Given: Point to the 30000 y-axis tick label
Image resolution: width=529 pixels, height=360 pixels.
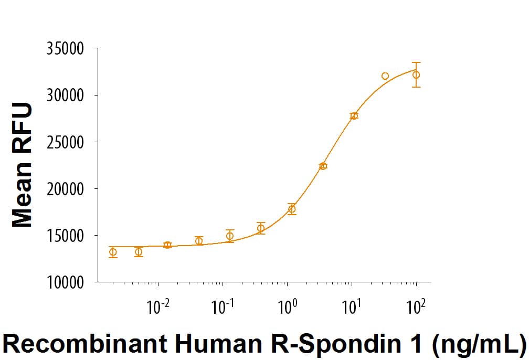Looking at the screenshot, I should [65, 96].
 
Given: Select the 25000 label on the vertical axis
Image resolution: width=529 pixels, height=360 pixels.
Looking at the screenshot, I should [65, 142].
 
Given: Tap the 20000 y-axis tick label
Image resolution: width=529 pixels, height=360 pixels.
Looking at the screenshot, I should [65, 189].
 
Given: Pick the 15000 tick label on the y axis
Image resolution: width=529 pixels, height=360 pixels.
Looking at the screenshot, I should [65, 236].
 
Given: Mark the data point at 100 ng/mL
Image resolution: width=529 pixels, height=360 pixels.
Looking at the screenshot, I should [416, 75].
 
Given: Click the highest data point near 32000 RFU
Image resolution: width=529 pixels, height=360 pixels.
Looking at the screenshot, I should [385, 76].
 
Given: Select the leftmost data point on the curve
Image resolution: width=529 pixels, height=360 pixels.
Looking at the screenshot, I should [113, 252].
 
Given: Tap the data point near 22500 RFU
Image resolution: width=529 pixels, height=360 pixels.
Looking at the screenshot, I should [323, 166].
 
